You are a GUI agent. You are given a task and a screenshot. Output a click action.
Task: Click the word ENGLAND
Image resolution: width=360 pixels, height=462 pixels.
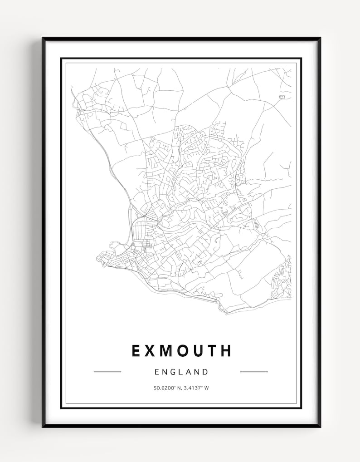click(x=181, y=372)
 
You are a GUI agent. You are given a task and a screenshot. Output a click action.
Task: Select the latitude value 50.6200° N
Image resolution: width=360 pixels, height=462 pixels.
click(x=167, y=388)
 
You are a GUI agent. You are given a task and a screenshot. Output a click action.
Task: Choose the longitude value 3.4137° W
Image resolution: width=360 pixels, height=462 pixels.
click(x=195, y=388)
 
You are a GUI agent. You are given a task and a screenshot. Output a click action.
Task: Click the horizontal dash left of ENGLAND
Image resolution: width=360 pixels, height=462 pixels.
click(x=107, y=372)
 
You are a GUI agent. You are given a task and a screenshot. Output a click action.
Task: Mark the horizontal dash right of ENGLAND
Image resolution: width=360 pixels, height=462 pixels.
click(x=254, y=372)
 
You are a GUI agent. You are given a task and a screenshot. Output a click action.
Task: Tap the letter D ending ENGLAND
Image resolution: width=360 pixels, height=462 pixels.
click(x=206, y=372)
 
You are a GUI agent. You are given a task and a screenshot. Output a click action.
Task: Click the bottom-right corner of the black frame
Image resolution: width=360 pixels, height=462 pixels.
click(x=320, y=426)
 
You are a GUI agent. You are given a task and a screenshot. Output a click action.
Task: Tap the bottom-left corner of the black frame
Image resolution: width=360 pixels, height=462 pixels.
click(x=43, y=426)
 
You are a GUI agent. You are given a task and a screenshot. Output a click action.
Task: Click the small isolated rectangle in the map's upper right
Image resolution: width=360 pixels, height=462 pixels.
click(x=282, y=97)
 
